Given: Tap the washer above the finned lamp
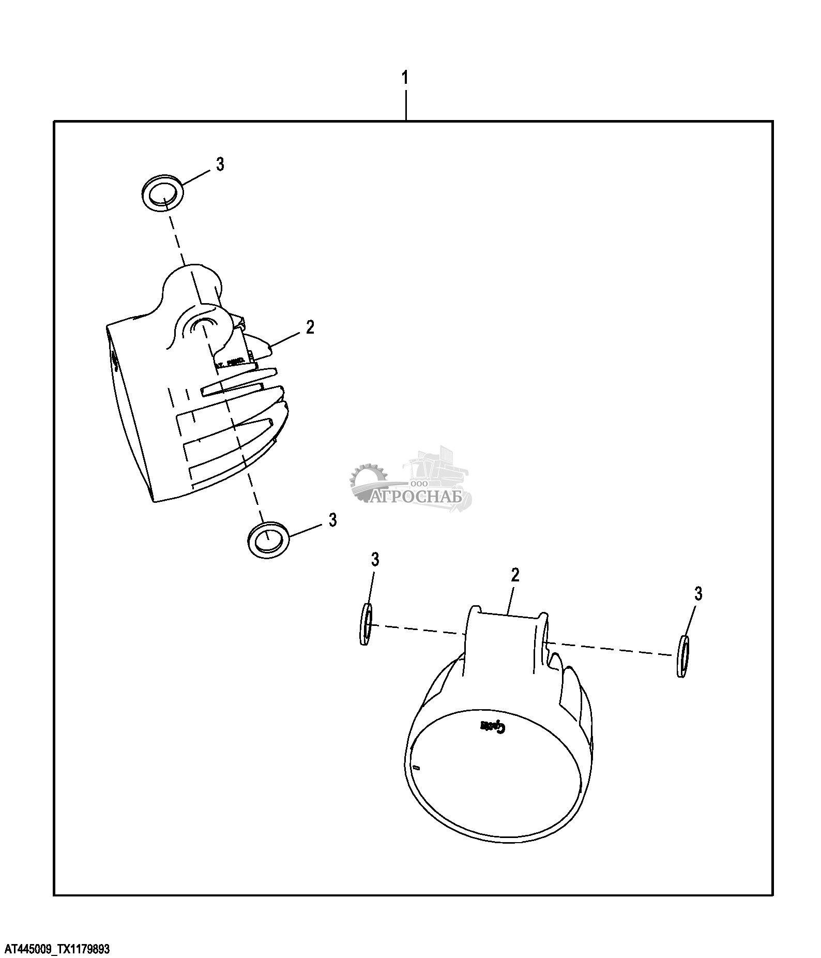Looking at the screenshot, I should pyautogui.click(x=162, y=192).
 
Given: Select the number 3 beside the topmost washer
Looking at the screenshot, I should pyautogui.click(x=220, y=164).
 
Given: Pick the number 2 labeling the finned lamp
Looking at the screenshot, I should pyautogui.click(x=310, y=327).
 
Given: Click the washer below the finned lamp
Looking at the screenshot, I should pyautogui.click(x=268, y=539).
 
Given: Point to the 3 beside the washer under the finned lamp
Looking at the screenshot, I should pyautogui.click(x=332, y=519).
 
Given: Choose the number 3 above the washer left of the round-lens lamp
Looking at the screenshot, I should pyautogui.click(x=375, y=559).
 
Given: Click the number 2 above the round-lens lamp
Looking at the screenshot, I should pyautogui.click(x=514, y=575).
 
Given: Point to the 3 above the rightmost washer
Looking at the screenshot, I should pyautogui.click(x=698, y=594).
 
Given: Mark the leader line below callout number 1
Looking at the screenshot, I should pyautogui.click(x=406, y=105).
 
